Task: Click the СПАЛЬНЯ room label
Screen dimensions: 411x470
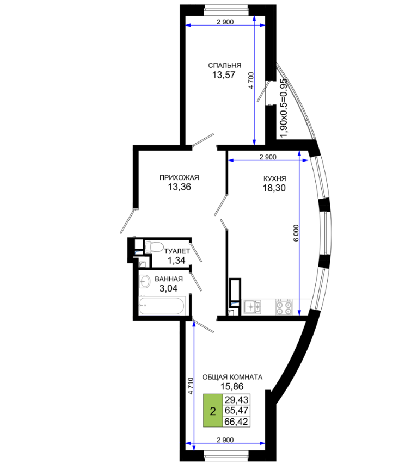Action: pos(224,65)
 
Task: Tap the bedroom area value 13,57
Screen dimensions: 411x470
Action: pos(224,75)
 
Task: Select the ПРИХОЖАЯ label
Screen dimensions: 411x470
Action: pos(179,177)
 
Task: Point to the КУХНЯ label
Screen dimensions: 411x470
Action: pos(274,178)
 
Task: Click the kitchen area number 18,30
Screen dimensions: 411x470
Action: pos(274,188)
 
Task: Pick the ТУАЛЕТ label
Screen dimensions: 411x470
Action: pos(177,251)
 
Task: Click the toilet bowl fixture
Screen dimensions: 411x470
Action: pos(154,247)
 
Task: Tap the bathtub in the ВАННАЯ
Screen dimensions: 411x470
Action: pos(162,305)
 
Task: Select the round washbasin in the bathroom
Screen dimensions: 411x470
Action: pos(145,281)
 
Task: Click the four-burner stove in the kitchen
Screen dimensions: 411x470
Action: pos(284,307)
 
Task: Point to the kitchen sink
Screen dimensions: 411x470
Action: pos(251,307)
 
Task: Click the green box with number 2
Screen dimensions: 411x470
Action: pos(213,410)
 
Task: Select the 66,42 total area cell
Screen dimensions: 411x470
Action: pos(236,422)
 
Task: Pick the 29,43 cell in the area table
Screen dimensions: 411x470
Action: pos(236,400)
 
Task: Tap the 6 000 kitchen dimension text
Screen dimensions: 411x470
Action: pos(296,233)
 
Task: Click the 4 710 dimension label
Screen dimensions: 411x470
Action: pos(191,386)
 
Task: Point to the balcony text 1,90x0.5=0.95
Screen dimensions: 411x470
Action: pos(283,108)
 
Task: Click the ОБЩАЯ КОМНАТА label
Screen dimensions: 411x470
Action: pos(232,377)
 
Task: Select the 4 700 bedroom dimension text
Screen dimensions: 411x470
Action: pos(251,81)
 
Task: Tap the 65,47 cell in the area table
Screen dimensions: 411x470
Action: pos(236,410)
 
